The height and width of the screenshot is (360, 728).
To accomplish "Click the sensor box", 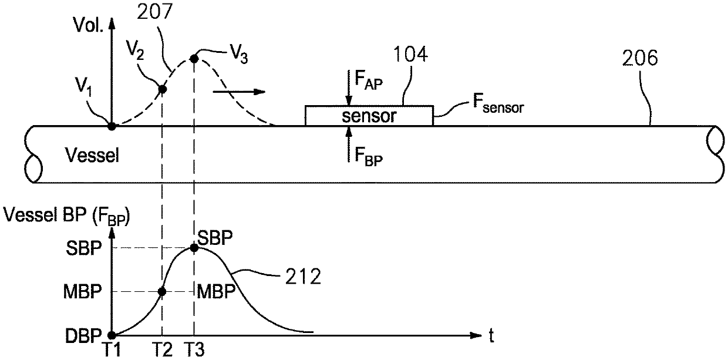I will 369,115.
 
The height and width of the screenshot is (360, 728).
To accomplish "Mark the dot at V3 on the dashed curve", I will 194,59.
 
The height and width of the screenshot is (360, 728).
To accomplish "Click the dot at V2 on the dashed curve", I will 163,89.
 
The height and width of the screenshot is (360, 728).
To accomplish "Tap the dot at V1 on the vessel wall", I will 111,125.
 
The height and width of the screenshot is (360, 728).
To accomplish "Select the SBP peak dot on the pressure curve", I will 194,248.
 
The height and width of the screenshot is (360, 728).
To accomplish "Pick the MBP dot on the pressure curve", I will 163,291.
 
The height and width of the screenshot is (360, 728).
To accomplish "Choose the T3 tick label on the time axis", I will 194,350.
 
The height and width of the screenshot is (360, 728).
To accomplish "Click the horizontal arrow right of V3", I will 239,92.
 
